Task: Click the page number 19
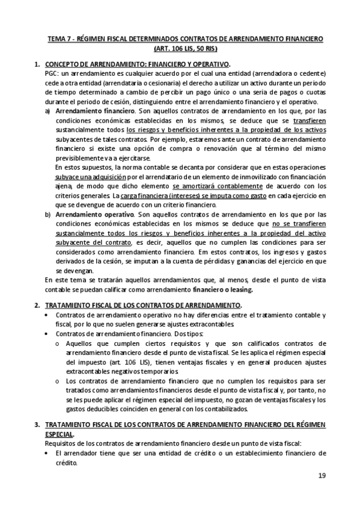(322, 476)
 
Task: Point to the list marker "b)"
(48, 214)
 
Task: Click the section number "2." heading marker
(38, 306)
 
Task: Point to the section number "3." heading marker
(38, 425)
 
